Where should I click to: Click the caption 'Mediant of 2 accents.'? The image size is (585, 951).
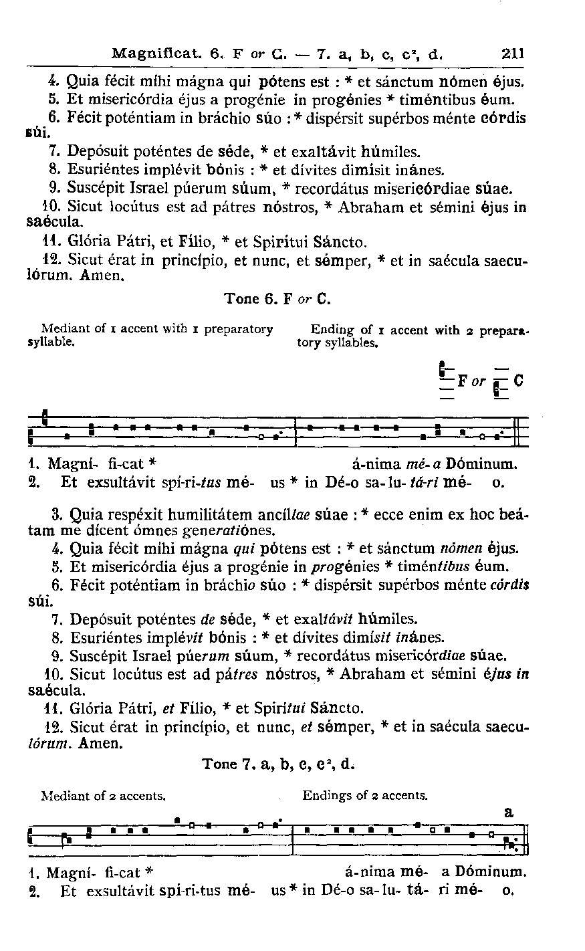coord(103,796)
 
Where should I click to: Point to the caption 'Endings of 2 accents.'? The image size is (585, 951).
coord(364,796)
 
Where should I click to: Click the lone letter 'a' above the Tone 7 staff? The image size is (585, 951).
coord(508,812)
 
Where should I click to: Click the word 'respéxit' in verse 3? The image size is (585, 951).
coord(136,516)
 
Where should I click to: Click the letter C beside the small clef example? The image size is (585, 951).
coord(518,382)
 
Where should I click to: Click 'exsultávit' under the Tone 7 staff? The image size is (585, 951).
coord(106,891)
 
